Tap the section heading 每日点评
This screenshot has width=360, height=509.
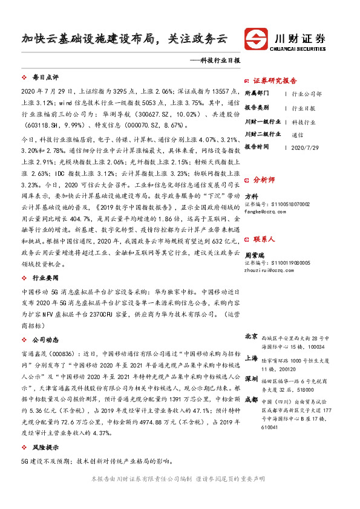pyautogui.click(x=45, y=79)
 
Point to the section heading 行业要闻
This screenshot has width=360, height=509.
pyautogui.click(x=45, y=277)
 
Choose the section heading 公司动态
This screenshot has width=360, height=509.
pyautogui.click(x=45, y=340)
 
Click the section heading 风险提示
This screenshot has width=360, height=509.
pyautogui.click(x=45, y=449)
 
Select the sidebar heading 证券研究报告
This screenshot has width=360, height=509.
pyautogui.click(x=275, y=80)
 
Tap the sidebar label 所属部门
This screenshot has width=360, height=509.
pyautogui.click(x=257, y=94)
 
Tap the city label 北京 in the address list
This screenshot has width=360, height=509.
pyautogui.click(x=251, y=336)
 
